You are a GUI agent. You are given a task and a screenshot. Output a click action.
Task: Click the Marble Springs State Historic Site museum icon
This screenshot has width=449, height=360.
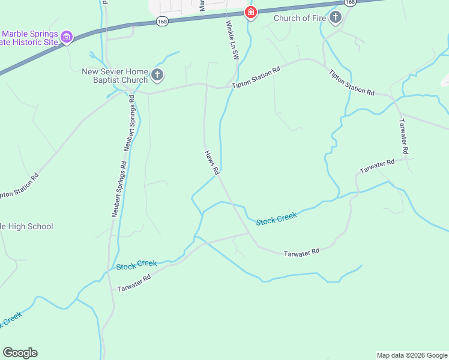[x=67, y=38]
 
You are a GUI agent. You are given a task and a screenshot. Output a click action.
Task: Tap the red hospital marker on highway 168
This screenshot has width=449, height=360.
[x=250, y=12]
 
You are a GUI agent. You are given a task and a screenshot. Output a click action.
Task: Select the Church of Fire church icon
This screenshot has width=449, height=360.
[x=336, y=18]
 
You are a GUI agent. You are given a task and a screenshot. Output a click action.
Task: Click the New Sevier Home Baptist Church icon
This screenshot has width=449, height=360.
[x=157, y=76]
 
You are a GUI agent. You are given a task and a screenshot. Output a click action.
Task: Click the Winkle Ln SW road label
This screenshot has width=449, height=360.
[x=232, y=40]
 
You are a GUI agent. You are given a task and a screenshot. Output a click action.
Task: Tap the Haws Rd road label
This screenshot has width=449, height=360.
[x=211, y=162]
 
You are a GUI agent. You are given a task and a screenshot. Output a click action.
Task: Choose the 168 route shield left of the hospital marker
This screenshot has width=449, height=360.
[x=161, y=21]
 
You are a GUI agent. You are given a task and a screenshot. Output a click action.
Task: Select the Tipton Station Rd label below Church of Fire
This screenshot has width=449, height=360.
[x=352, y=82]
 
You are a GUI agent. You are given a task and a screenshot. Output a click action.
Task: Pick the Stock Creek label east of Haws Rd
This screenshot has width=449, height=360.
[x=277, y=218]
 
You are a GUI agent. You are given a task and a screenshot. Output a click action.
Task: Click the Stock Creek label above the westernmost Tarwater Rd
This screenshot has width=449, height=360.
[x=136, y=265]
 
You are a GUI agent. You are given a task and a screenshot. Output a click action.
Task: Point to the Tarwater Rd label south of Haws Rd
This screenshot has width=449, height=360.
[x=301, y=253]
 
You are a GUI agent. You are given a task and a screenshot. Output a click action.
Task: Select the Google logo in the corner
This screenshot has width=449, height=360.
[x=20, y=353]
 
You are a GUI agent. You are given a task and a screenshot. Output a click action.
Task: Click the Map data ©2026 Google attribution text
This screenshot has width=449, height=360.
[x=412, y=355]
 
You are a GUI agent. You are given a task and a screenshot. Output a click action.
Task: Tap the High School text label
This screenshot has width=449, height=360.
[x=26, y=226]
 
